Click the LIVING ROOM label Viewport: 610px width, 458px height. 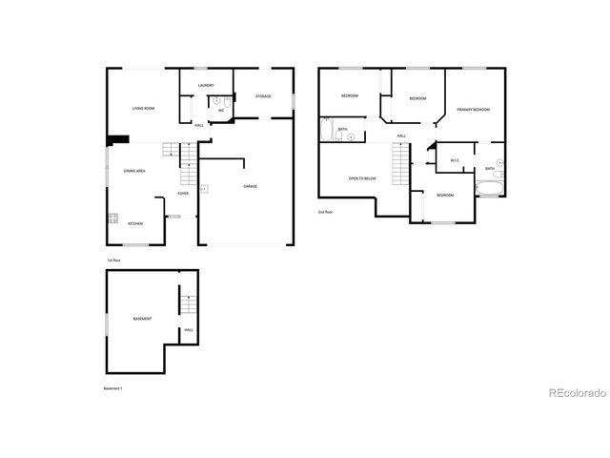point(144,109)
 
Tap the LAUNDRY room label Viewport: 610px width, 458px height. point(206,86)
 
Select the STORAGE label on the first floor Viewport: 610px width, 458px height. point(263,96)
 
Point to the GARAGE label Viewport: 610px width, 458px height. point(250,186)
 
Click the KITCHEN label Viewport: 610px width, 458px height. point(135,224)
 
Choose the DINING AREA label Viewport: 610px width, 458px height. point(133,171)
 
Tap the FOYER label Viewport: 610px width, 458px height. point(182,194)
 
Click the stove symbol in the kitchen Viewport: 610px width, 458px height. point(112,219)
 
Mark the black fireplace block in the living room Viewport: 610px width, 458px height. point(118,139)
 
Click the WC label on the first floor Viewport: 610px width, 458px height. point(221,111)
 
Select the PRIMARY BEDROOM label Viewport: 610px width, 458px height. point(473,110)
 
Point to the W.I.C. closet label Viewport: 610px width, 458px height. point(456,160)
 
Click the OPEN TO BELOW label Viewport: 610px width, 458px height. point(362,178)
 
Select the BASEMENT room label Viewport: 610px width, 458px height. point(143,318)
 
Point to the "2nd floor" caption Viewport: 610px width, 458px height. point(325,212)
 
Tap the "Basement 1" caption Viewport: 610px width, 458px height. point(114,388)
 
